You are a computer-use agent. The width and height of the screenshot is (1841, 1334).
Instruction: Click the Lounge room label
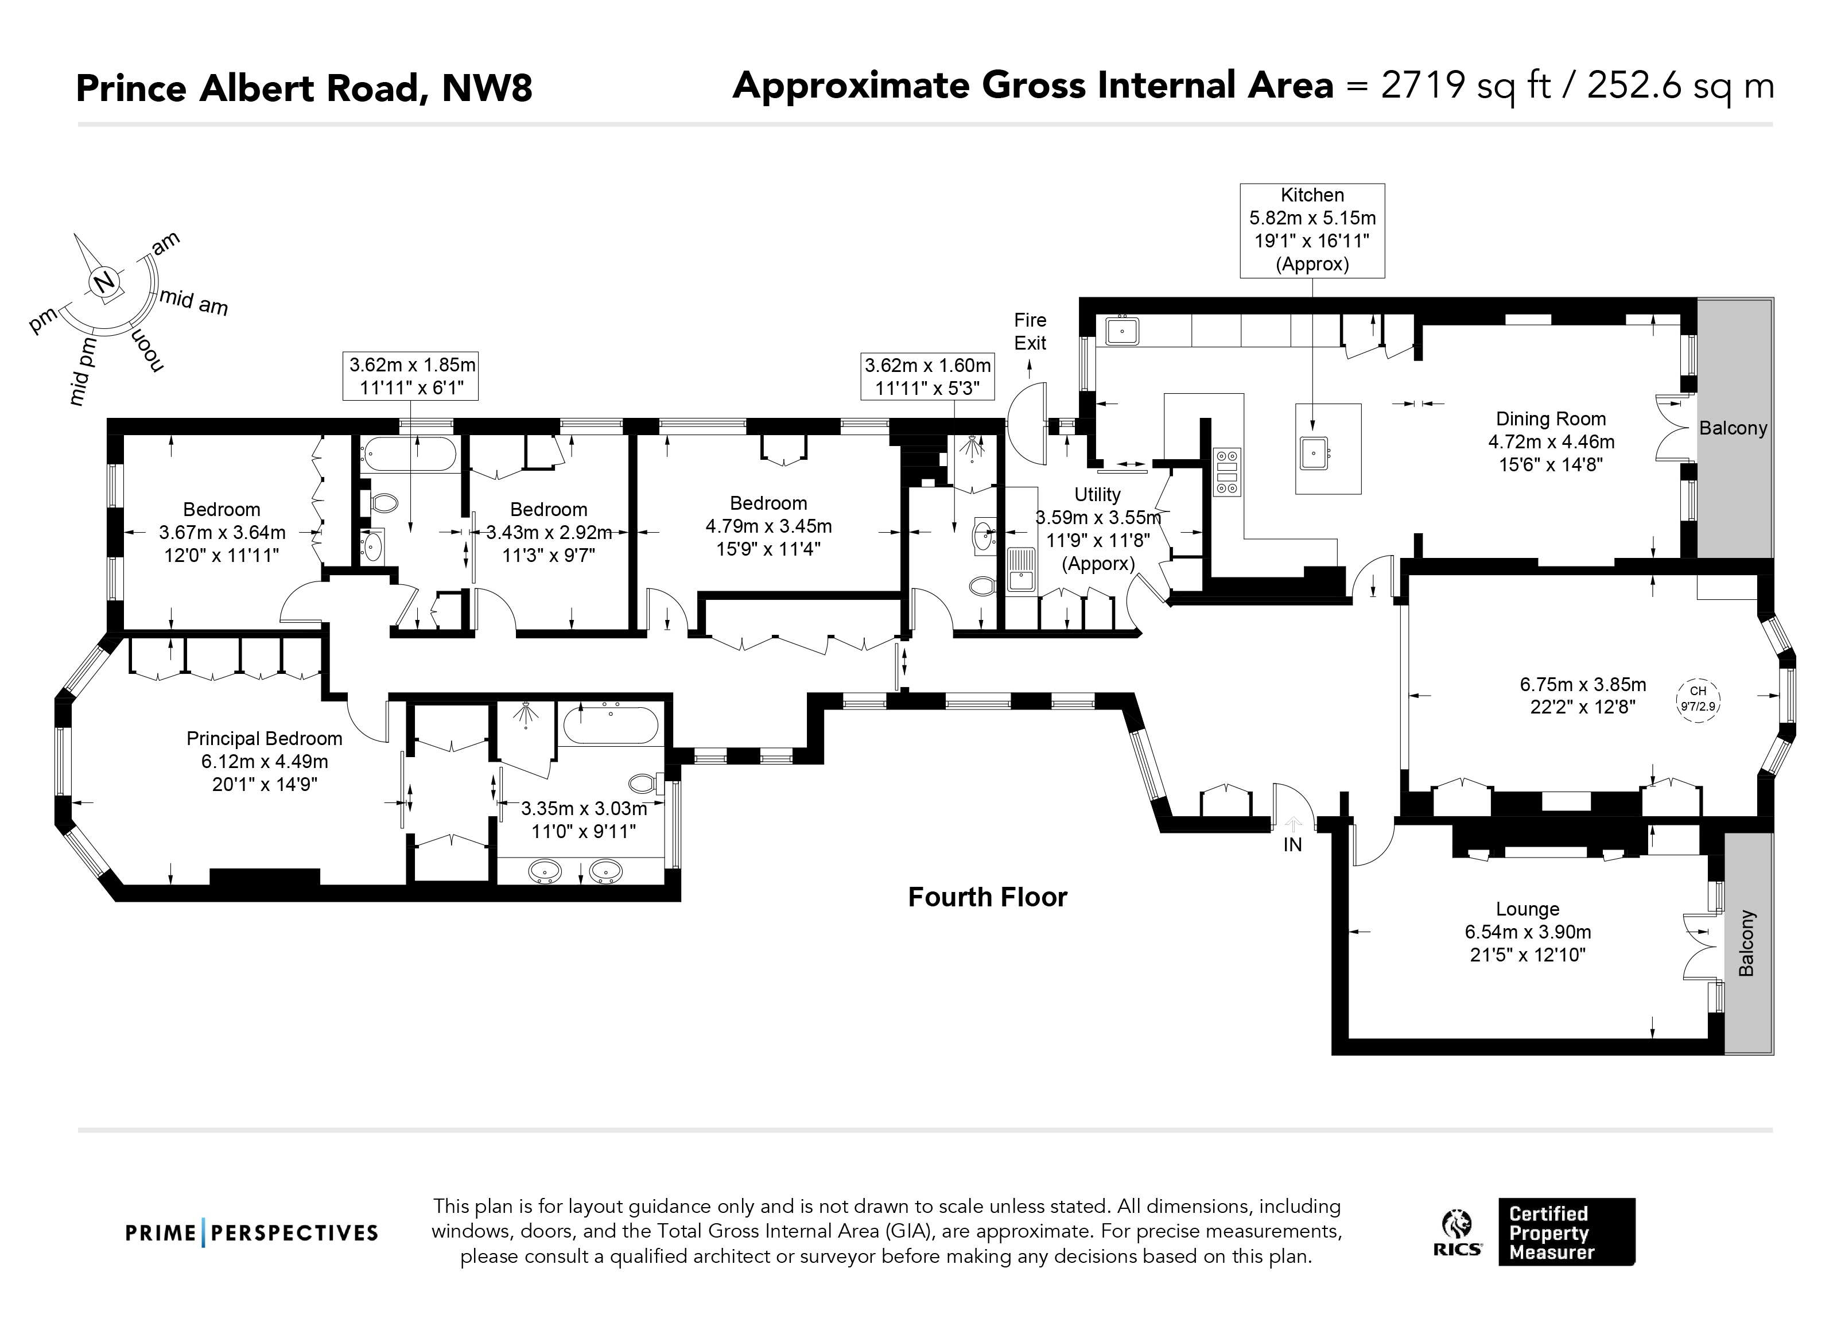(1527, 909)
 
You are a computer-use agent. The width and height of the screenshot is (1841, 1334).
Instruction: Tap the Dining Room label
(1551, 419)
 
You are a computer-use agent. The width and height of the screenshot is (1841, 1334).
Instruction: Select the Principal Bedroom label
(264, 739)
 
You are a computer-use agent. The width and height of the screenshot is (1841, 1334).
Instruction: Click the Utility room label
(1097, 494)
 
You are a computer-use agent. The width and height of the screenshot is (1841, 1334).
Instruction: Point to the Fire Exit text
(1030, 331)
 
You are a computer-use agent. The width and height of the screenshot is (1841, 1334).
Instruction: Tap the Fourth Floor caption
(987, 897)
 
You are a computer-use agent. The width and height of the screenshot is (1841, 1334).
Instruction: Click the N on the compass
(104, 282)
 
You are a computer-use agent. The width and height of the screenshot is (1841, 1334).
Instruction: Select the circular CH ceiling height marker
(1698, 699)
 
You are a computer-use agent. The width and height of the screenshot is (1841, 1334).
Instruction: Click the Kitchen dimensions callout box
(1312, 231)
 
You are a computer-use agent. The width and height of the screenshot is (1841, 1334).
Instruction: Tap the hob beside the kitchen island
(1226, 472)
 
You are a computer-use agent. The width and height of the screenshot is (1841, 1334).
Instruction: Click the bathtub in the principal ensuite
(611, 725)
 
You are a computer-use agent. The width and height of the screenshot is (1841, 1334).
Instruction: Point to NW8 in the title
(486, 88)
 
